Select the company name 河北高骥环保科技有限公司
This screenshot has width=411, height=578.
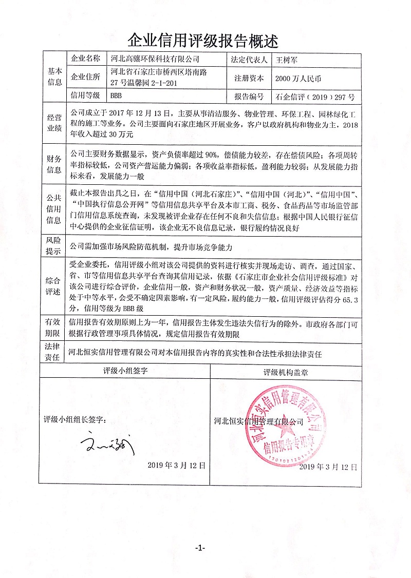click(x=154, y=59)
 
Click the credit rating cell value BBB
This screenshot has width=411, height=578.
click(x=116, y=96)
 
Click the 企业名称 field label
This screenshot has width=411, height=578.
click(x=85, y=59)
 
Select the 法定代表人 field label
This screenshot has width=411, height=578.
click(x=250, y=59)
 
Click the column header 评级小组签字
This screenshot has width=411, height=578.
click(x=125, y=371)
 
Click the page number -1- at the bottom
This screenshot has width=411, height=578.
click(x=200, y=548)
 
